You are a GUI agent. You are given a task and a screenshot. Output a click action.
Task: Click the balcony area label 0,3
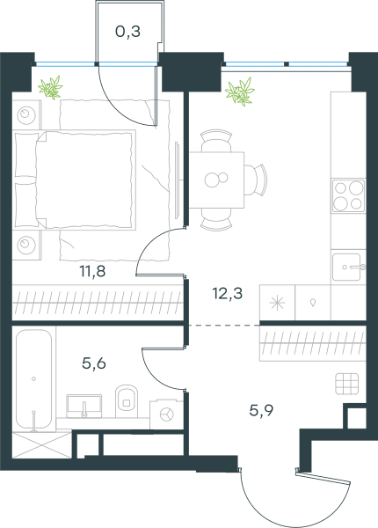click(x=127, y=32)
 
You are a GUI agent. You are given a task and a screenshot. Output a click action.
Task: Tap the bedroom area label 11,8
click(x=92, y=271)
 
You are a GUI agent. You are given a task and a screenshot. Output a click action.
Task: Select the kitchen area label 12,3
click(x=228, y=293)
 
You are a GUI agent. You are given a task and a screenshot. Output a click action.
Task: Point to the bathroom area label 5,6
click(x=94, y=363)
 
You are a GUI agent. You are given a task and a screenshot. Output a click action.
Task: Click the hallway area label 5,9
click(x=261, y=410)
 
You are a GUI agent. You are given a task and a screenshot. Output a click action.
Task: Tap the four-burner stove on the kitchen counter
click(x=348, y=195)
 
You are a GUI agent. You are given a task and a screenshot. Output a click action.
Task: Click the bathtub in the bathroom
click(x=33, y=380)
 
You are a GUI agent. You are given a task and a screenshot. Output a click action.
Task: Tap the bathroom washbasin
click(x=84, y=406)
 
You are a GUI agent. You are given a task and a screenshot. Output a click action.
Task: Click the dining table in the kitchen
click(x=216, y=180)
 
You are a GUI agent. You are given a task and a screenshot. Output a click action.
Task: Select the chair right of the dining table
click(x=256, y=180)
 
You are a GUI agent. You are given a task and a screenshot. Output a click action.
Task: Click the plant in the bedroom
click(x=50, y=87)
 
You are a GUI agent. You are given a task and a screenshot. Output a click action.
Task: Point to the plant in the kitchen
click(x=239, y=92)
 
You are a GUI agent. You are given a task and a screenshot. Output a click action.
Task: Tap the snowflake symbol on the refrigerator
click(x=277, y=303)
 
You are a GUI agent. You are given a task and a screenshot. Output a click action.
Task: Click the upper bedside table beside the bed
click(x=26, y=114)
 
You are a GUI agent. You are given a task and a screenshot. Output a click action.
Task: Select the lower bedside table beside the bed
click(x=26, y=245)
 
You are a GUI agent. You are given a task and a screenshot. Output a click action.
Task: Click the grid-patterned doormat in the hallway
click(x=346, y=384)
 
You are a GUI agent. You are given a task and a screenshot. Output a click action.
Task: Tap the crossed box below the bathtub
click(x=41, y=444)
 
